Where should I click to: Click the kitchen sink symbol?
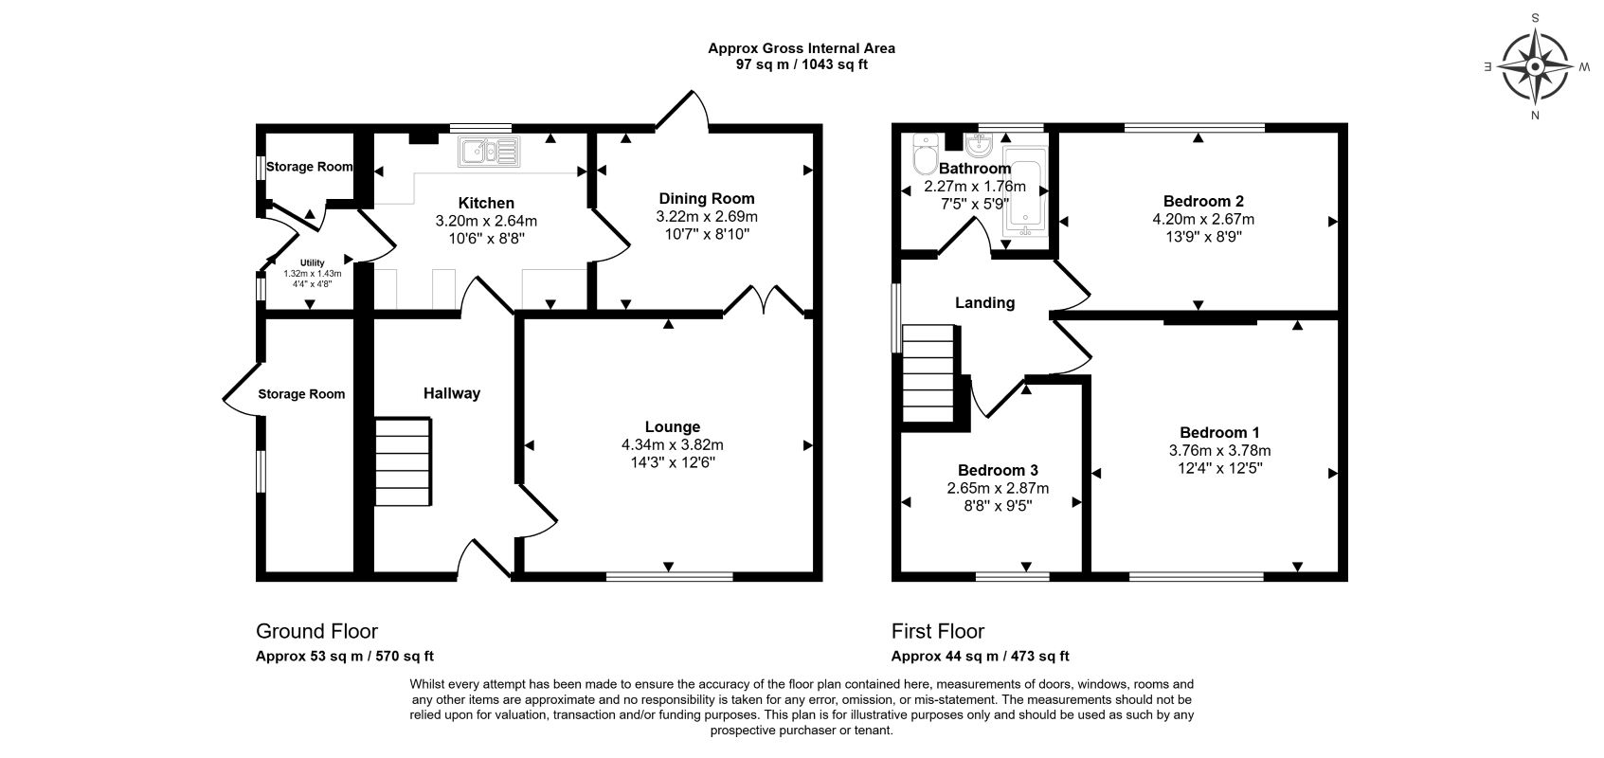pyautogui.click(x=490, y=152)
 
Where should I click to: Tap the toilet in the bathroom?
pyautogui.click(x=926, y=154)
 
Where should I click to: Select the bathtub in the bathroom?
pyautogui.click(x=1025, y=191)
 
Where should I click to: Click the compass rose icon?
pyautogui.click(x=1535, y=66)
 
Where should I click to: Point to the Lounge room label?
pyautogui.click(x=673, y=427)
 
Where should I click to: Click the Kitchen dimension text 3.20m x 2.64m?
pyautogui.click(x=486, y=222)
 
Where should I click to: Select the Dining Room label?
pyautogui.click(x=707, y=198)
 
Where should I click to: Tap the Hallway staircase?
pyautogui.click(x=404, y=462)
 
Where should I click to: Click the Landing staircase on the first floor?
pyautogui.click(x=928, y=373)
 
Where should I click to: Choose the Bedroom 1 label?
pyautogui.click(x=1219, y=433)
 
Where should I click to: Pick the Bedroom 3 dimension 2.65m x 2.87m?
pyautogui.click(x=998, y=489)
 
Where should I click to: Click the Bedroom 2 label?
pyautogui.click(x=1203, y=201)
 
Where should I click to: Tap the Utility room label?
pyautogui.click(x=313, y=263)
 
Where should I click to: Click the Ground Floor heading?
pyautogui.click(x=316, y=631)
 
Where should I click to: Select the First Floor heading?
pyautogui.click(x=937, y=631)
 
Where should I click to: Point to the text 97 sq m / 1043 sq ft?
pyautogui.click(x=802, y=64)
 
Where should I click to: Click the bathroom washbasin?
pyautogui.click(x=979, y=145)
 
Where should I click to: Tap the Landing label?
pyautogui.click(x=984, y=303)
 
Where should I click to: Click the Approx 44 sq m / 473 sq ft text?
pyautogui.click(x=981, y=657)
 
